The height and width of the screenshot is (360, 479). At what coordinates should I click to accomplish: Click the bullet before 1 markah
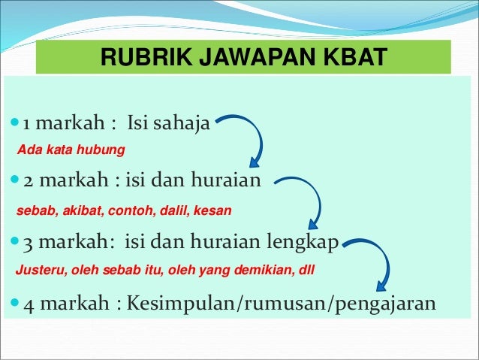click(16, 122)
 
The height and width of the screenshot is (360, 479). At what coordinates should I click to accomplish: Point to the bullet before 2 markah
click(16, 182)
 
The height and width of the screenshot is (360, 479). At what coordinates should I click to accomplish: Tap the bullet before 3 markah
click(16, 244)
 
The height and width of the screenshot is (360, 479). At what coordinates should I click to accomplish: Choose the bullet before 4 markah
click(16, 305)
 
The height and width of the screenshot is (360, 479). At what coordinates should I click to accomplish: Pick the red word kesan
click(213, 210)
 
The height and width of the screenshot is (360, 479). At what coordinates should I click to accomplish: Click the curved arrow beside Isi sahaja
click(248, 140)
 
